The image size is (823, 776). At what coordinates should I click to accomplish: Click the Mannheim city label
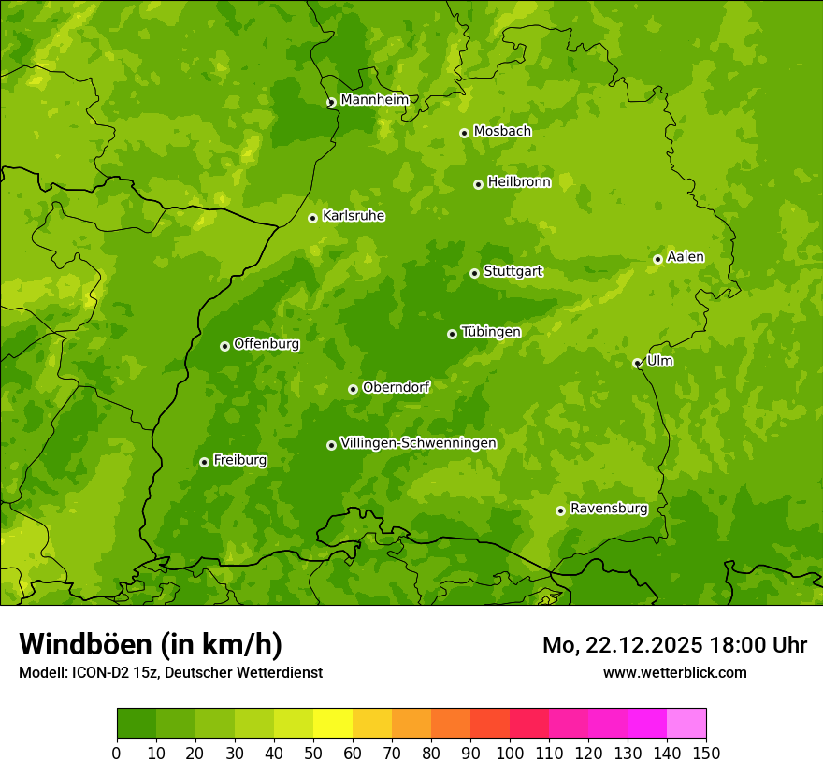click(x=374, y=100)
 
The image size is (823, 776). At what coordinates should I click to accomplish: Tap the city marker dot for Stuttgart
click(x=474, y=273)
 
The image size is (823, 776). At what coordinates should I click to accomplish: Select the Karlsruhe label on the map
click(x=354, y=216)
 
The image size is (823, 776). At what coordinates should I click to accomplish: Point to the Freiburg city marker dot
click(x=204, y=462)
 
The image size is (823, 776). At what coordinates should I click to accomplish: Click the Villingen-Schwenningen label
click(x=418, y=443)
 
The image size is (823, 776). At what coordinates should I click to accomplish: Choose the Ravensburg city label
click(x=608, y=509)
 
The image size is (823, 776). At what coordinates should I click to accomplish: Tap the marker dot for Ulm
click(x=637, y=363)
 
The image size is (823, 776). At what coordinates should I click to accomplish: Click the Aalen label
click(x=686, y=257)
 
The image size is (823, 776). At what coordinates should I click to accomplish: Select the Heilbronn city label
click(x=519, y=182)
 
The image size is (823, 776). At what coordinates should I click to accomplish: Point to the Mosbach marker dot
click(x=464, y=133)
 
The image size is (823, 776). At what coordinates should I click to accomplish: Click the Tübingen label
click(x=491, y=332)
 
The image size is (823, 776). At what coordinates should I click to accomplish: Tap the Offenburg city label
click(x=267, y=344)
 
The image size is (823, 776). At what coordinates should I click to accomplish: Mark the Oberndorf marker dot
click(x=353, y=389)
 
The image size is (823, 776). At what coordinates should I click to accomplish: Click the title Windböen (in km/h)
click(x=151, y=644)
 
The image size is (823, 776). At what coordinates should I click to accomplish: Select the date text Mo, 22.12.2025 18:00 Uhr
click(x=674, y=645)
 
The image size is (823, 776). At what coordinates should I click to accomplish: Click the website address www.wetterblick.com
click(x=674, y=672)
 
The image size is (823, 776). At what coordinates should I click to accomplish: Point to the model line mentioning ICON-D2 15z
click(x=170, y=672)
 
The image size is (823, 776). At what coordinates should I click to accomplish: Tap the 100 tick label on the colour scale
click(x=510, y=753)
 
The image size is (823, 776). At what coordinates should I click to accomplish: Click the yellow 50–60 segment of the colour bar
click(x=333, y=723)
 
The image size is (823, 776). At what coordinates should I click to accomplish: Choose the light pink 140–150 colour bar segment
click(x=686, y=723)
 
